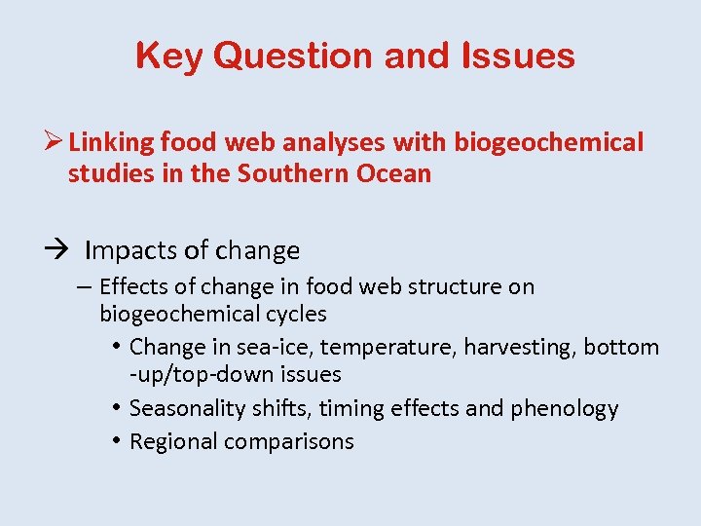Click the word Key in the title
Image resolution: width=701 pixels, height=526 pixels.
click(169, 56)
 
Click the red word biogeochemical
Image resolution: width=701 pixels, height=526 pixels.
click(547, 142)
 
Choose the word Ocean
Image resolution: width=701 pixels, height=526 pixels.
click(389, 174)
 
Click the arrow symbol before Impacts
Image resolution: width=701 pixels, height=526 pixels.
click(56, 250)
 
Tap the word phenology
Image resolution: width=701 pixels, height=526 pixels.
click(566, 408)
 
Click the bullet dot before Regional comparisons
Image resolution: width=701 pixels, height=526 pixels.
click(115, 441)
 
